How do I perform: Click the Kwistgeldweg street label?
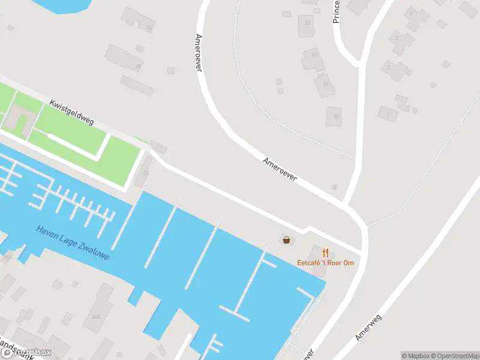coord(72,113)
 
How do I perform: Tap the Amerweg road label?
coord(368,326)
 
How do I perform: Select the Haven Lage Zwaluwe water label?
coord(72,242)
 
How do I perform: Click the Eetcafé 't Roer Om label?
coord(325,263)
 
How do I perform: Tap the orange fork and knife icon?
coord(325,253)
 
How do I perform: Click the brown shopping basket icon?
coord(286,240)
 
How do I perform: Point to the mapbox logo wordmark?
coord(27,353)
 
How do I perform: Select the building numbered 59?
coord(334,116)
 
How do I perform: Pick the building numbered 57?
coord(325,85)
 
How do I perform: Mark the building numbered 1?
coord(388,113)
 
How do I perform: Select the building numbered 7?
coord(415,16)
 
